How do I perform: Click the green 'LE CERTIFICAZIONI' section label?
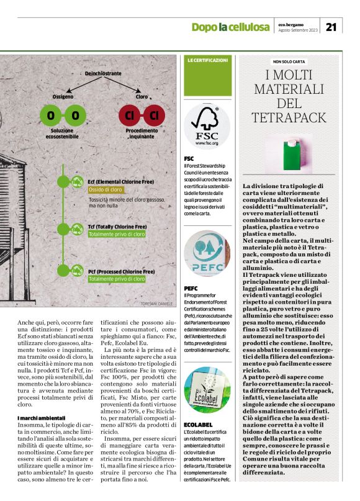pyautogui.click(x=207, y=60)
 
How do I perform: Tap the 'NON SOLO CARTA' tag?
pyautogui.click(x=289, y=61)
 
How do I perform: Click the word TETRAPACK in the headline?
pyautogui.click(x=289, y=117)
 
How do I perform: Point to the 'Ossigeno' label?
pyautogui.click(x=63, y=97)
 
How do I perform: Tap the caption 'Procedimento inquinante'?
pyautogui.click(x=142, y=135)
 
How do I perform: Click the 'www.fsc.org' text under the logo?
pyautogui.click(x=207, y=143)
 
